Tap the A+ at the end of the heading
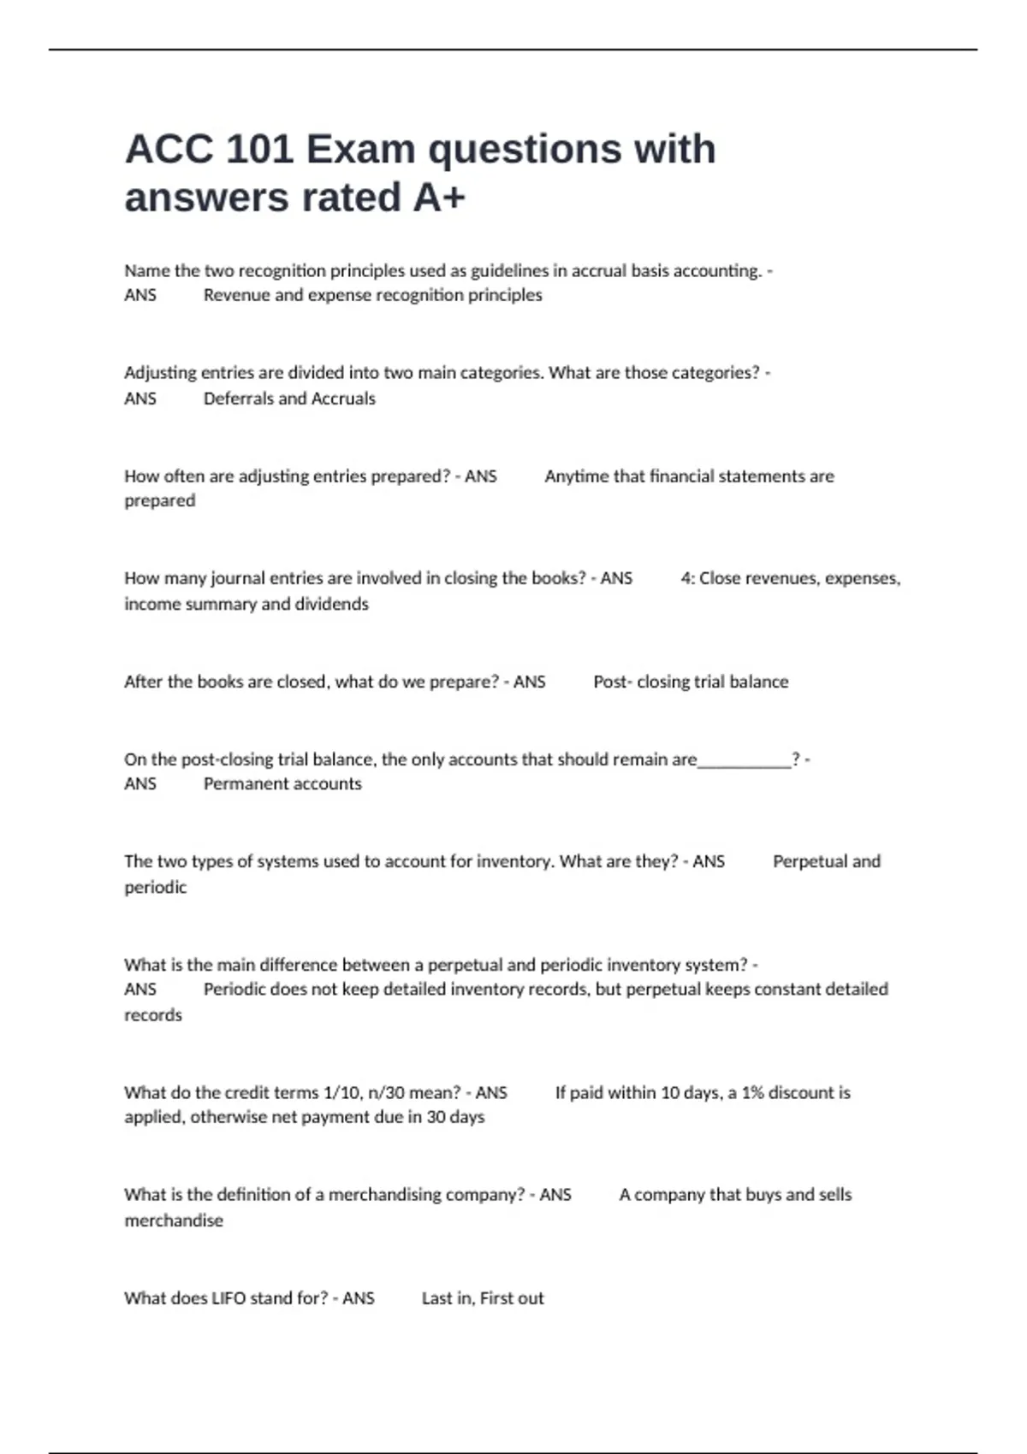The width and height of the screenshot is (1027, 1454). (439, 198)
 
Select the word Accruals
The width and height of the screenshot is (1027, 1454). (343, 399)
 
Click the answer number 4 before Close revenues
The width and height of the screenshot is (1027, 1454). (686, 579)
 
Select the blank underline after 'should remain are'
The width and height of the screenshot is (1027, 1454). (745, 760)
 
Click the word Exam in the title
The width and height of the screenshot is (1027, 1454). (360, 150)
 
